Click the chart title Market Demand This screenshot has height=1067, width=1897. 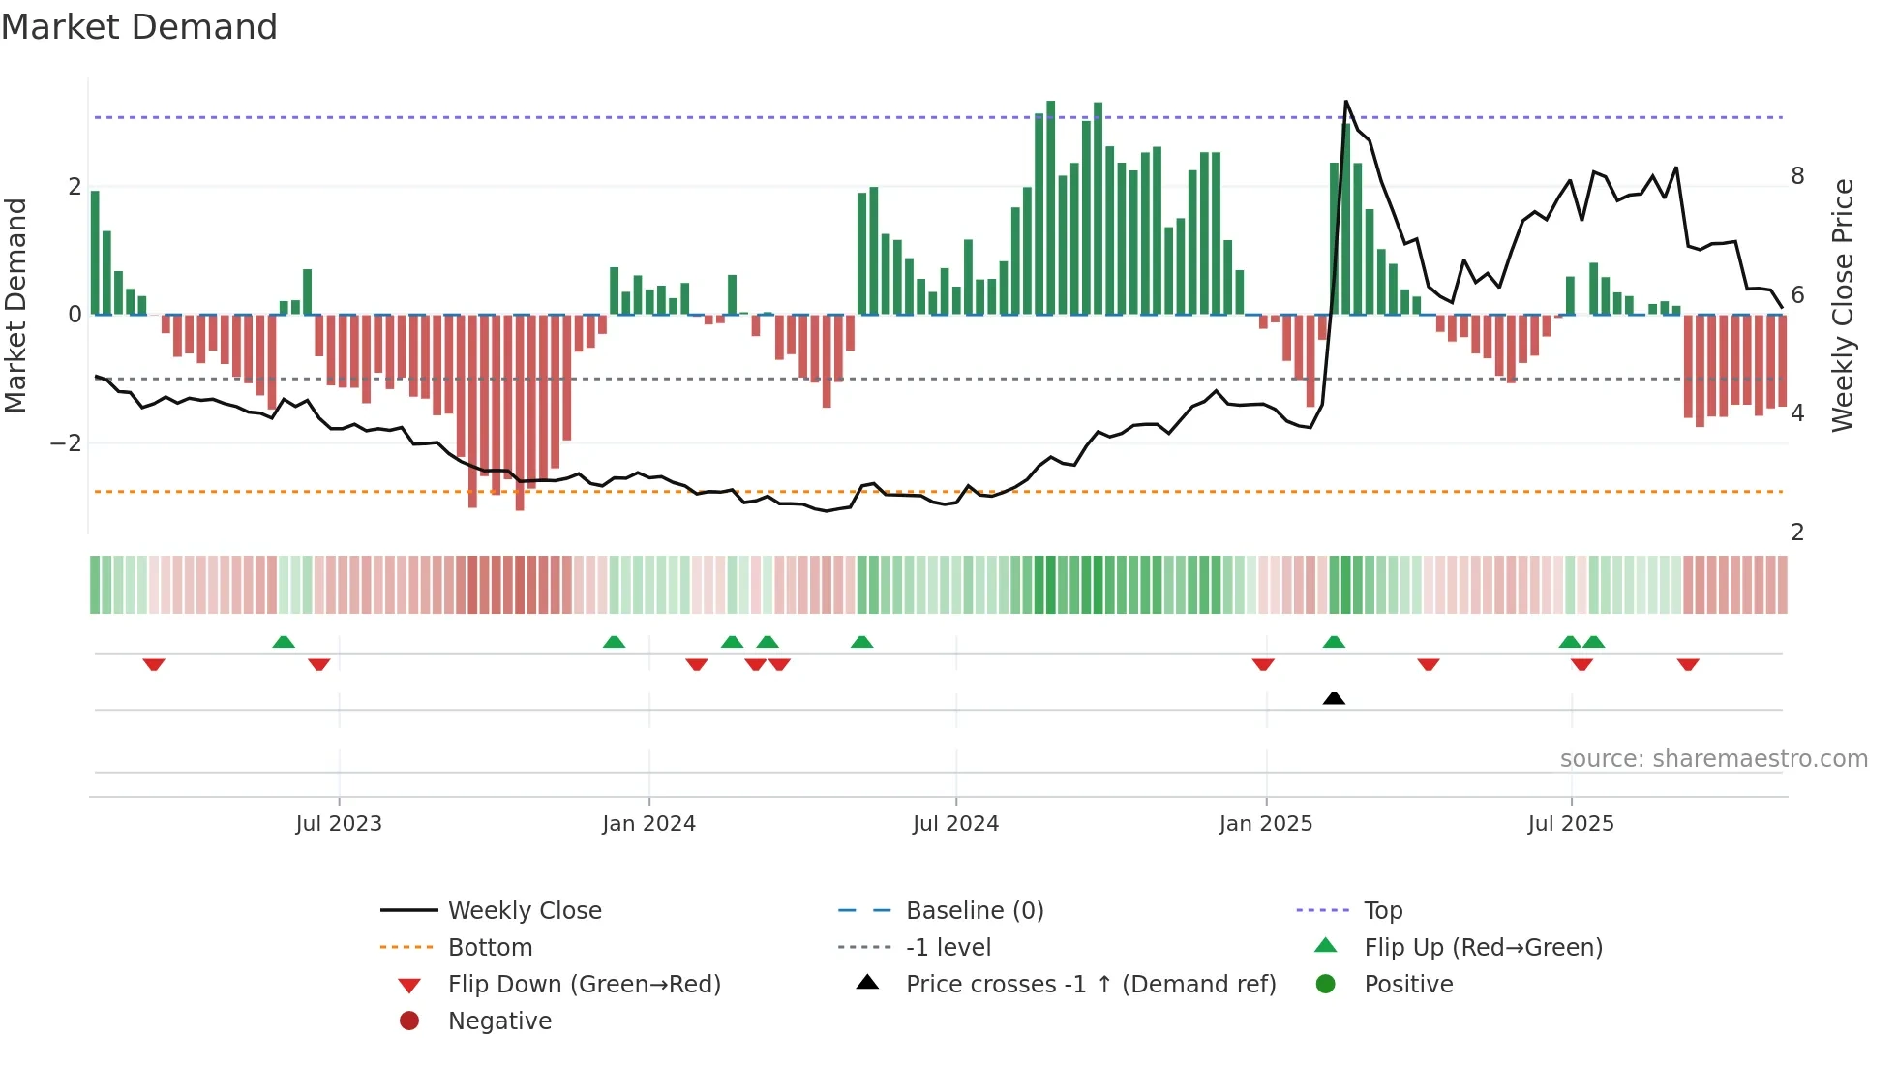point(139,27)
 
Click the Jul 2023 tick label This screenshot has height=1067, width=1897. point(339,824)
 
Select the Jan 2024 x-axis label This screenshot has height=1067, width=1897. point(648,824)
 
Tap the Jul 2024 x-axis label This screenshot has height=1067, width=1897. point(955,824)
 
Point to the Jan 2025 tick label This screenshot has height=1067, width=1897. point(1265,824)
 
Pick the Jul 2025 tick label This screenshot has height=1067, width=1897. point(1571,824)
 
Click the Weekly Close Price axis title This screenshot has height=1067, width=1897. point(1843,305)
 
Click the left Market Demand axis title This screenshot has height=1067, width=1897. point(15,305)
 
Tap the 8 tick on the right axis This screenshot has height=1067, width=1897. point(1797,176)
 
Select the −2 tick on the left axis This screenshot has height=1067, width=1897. point(66,443)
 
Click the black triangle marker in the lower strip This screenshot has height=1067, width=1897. point(1334,698)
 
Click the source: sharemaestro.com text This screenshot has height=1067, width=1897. point(1713,759)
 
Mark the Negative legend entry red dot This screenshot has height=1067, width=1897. point(409,1021)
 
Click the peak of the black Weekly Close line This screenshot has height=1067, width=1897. point(1345,102)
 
